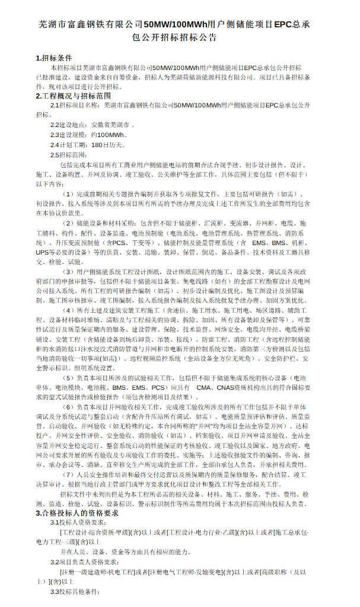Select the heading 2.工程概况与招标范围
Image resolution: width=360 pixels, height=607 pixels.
(x=73, y=96)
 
